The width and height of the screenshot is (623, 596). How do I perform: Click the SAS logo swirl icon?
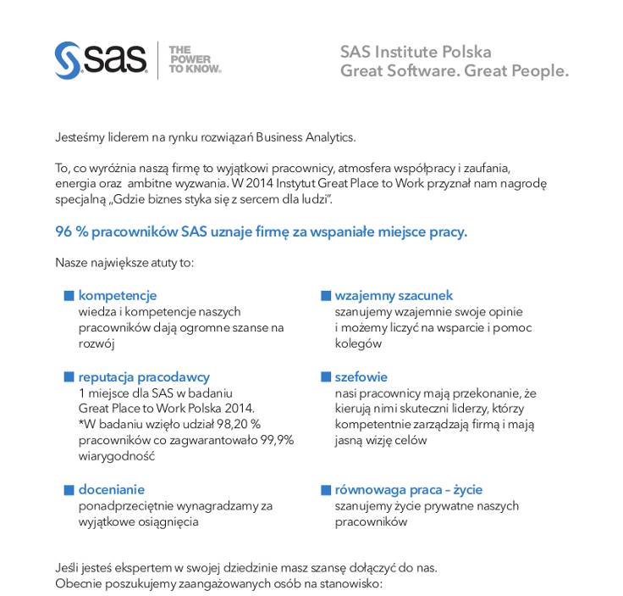click(x=67, y=59)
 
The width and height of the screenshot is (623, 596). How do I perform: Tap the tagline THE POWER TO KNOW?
click(x=195, y=60)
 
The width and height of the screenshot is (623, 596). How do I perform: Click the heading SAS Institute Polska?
click(x=416, y=52)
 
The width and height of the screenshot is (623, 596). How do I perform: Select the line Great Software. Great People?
click(x=455, y=70)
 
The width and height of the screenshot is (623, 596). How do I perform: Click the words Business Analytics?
click(x=306, y=136)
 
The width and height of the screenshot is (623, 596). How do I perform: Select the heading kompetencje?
click(x=118, y=295)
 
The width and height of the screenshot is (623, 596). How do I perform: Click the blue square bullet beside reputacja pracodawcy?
click(x=69, y=376)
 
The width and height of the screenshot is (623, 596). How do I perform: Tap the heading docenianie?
click(x=112, y=489)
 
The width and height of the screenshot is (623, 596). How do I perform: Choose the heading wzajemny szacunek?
click(x=394, y=295)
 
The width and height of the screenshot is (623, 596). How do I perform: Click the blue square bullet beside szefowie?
click(x=325, y=376)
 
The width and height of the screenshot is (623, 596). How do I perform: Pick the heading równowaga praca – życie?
click(x=409, y=489)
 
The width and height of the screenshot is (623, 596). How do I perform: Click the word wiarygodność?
click(x=114, y=456)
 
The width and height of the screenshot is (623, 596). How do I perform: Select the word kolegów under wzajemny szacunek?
click(x=358, y=343)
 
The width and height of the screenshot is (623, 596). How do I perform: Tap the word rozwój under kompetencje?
click(x=96, y=343)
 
